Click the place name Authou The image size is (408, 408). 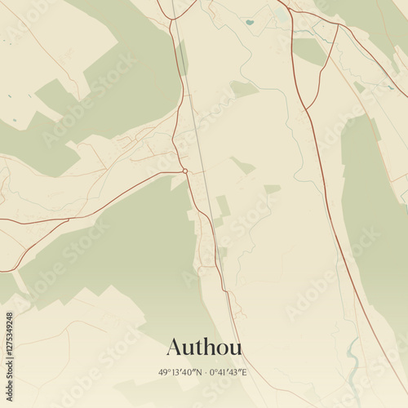[x=204, y=347]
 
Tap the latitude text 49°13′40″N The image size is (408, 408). [x=180, y=372]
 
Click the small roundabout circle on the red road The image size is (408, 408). [x=185, y=171]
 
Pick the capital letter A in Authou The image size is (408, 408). [x=174, y=347]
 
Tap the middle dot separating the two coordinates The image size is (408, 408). [x=204, y=372]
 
